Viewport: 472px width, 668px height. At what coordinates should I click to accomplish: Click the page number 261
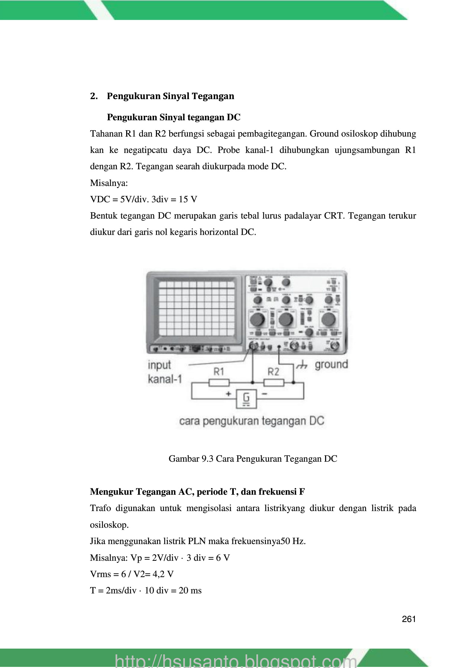point(409,619)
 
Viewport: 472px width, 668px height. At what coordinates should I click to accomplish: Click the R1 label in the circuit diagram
point(219,371)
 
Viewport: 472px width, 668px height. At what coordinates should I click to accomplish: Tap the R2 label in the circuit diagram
point(273,371)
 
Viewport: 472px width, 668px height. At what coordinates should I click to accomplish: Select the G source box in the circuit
point(246,399)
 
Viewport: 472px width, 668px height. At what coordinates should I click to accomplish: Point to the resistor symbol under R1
point(219,383)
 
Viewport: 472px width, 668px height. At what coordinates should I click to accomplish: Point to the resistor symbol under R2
point(273,383)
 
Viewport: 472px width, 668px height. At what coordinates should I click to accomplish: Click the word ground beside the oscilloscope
point(331,364)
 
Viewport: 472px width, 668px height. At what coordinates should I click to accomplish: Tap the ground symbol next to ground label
point(302,365)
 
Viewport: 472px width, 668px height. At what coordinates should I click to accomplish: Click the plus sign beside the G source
point(229,394)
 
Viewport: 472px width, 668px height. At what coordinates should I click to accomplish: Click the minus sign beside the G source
point(265,394)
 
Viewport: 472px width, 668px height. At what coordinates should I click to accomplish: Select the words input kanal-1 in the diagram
point(164,372)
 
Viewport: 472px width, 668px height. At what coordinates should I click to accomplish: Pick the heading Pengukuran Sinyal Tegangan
point(170,96)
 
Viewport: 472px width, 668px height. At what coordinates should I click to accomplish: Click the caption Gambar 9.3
point(253,459)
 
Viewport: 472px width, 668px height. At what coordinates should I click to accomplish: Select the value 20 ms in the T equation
point(190,590)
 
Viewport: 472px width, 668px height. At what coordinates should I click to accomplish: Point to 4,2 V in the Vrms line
point(163,574)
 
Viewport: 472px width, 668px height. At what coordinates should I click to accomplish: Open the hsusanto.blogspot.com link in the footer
point(236,661)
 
